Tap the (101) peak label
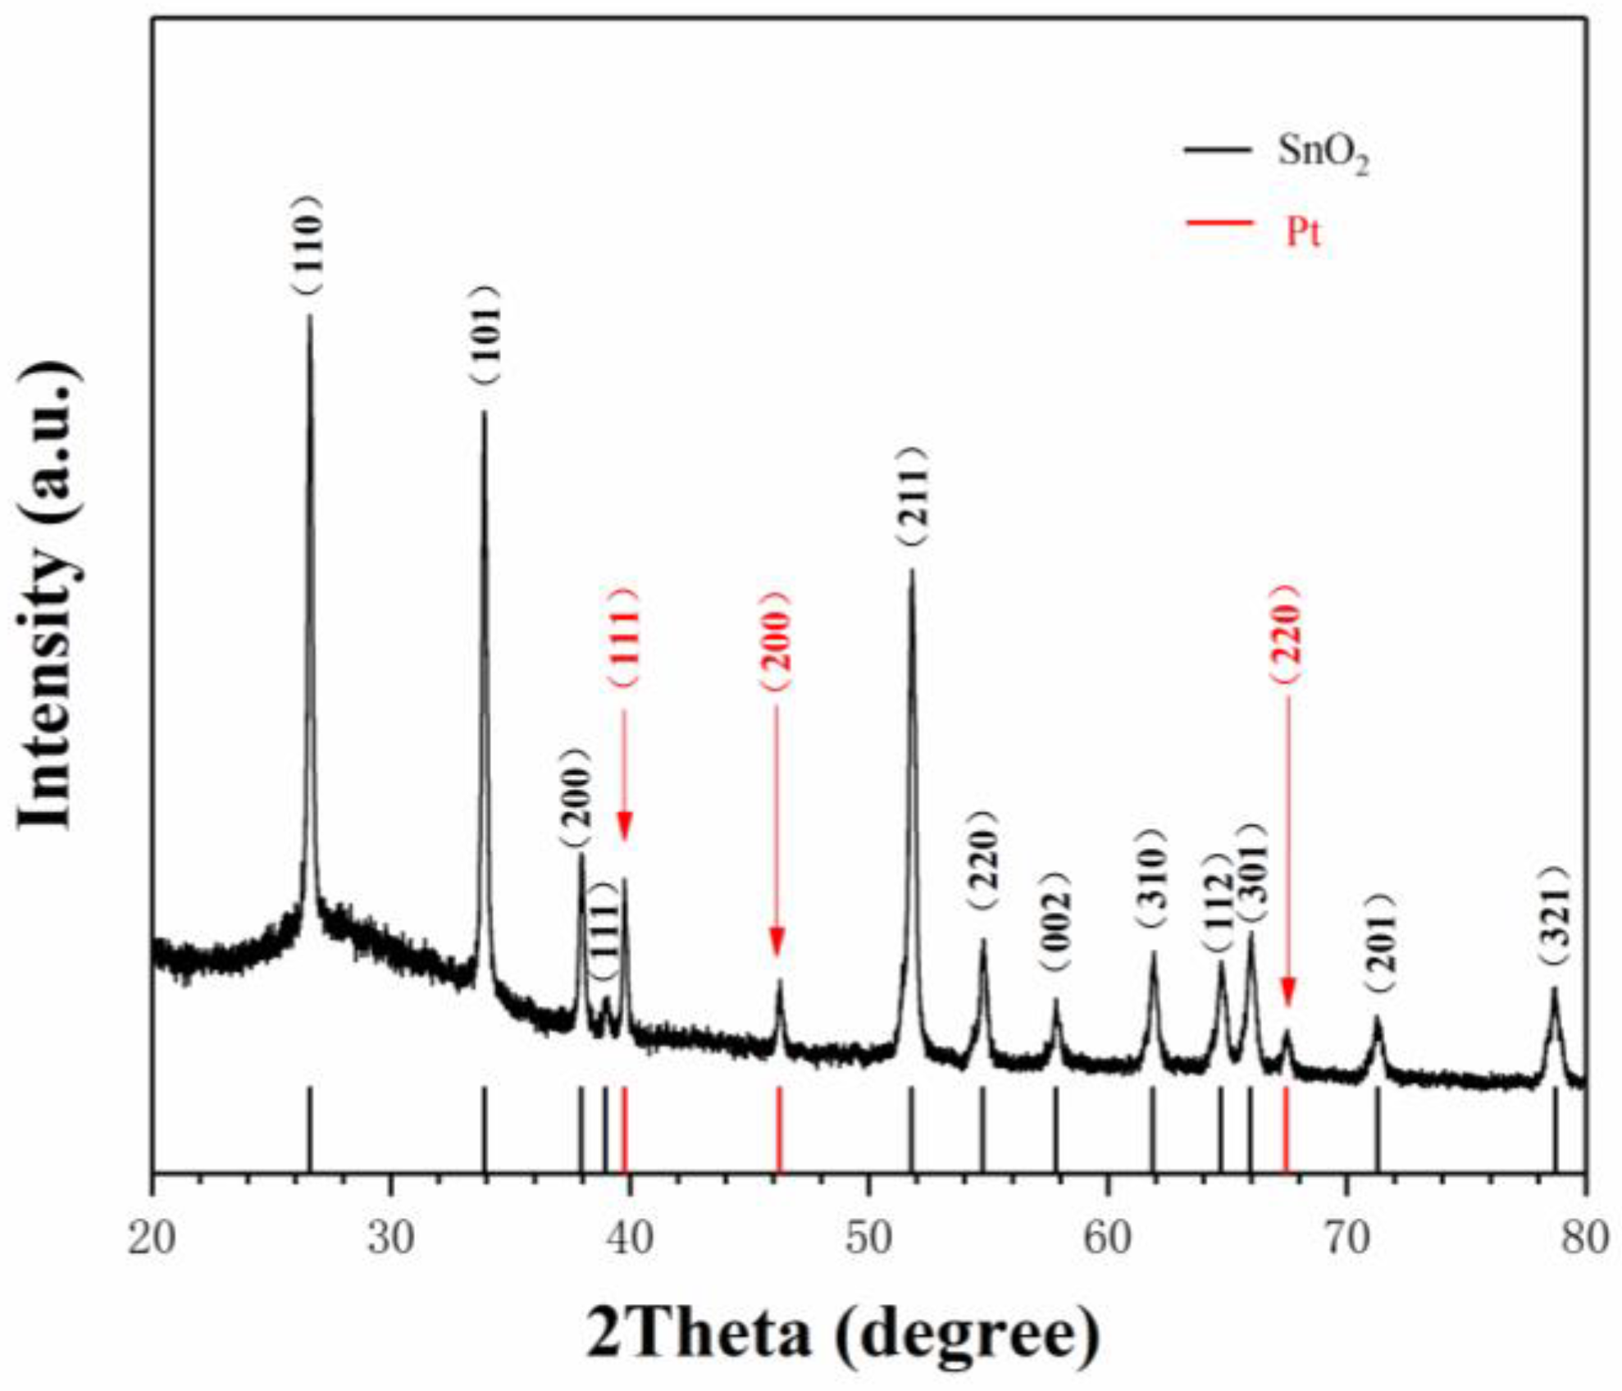click(484, 334)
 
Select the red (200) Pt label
click(776, 640)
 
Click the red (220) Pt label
click(1285, 633)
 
